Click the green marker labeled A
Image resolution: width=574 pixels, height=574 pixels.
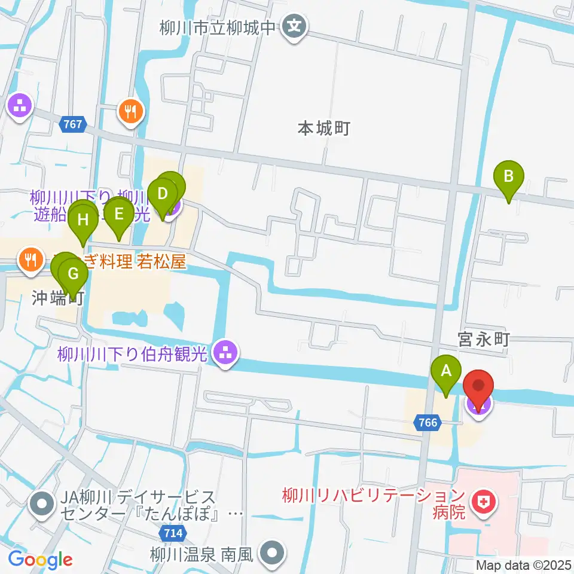tap(446, 375)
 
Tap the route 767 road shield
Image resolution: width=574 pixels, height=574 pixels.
tap(74, 125)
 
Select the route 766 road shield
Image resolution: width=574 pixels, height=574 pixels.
tap(428, 423)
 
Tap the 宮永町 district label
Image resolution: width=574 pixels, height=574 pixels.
tap(483, 340)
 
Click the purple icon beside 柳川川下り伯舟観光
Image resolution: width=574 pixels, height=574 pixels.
tap(225, 354)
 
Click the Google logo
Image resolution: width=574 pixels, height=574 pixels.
tap(40, 560)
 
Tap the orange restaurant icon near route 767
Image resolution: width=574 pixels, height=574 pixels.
tap(129, 110)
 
